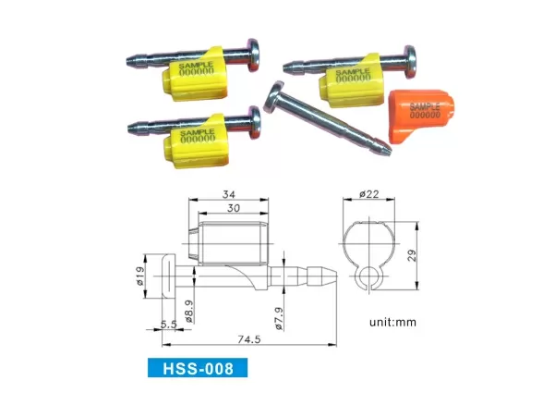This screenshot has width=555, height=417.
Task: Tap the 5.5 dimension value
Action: pyautogui.click(x=168, y=325)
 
